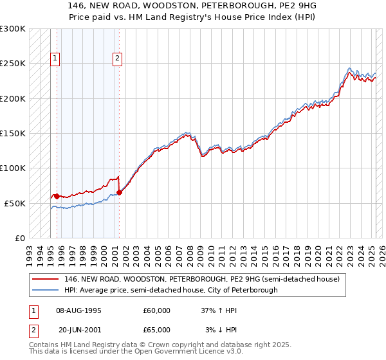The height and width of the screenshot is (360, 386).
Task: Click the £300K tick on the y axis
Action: (x=13, y=29)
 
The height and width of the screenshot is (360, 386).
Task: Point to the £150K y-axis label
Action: (x=13, y=134)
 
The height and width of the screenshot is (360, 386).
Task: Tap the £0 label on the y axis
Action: (x=19, y=238)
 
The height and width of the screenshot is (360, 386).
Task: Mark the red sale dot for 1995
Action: (x=57, y=195)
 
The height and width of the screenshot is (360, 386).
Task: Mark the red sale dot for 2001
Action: (x=119, y=192)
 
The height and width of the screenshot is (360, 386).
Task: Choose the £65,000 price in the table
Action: (x=156, y=329)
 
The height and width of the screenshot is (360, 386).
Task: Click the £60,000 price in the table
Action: (x=156, y=310)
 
